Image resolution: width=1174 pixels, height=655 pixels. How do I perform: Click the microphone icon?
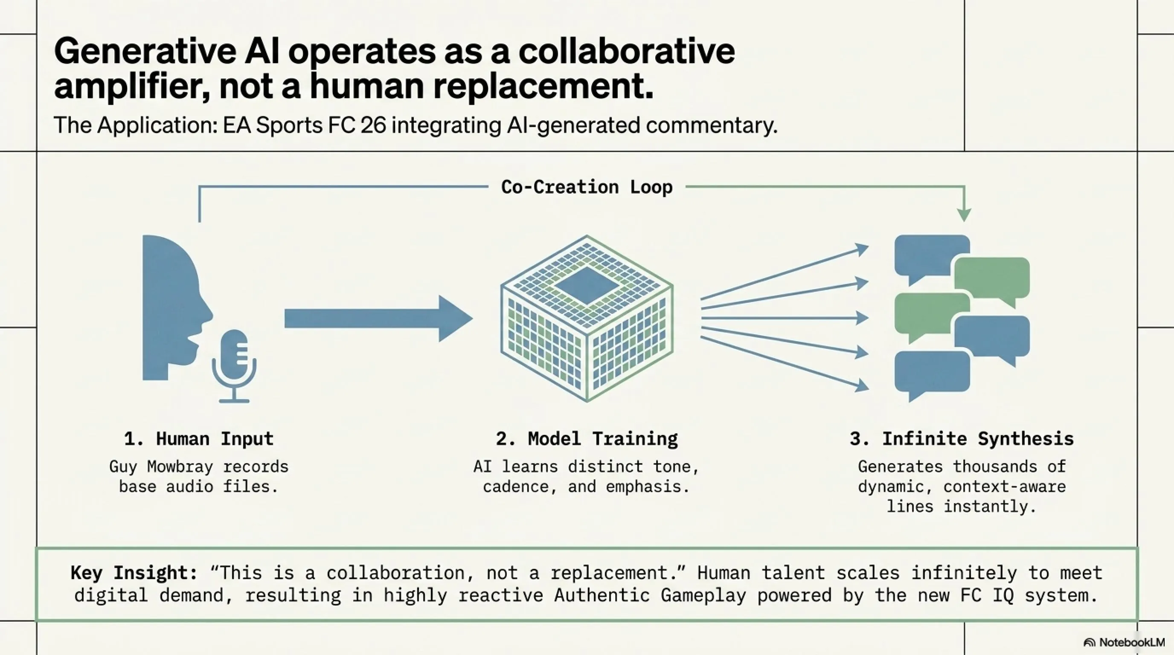(x=234, y=365)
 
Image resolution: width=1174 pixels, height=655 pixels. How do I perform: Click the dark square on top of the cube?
(x=587, y=286)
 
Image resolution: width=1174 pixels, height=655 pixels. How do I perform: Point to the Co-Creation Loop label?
(x=587, y=187)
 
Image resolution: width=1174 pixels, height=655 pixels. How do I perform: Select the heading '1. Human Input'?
(x=199, y=439)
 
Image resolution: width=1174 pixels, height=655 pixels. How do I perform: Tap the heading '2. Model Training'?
(x=587, y=439)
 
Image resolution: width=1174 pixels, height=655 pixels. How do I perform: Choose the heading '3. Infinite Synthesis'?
(x=962, y=439)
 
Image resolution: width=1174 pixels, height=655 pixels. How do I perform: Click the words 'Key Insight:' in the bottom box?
(x=134, y=573)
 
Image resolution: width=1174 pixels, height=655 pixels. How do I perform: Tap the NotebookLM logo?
(x=1125, y=642)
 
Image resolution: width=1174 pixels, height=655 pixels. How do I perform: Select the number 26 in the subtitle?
(x=373, y=125)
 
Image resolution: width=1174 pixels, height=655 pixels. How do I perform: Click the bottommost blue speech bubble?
(x=932, y=372)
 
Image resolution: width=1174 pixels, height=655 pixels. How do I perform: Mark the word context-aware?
(x=1005, y=487)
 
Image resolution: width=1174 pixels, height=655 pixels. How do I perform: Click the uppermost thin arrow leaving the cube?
(x=784, y=272)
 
